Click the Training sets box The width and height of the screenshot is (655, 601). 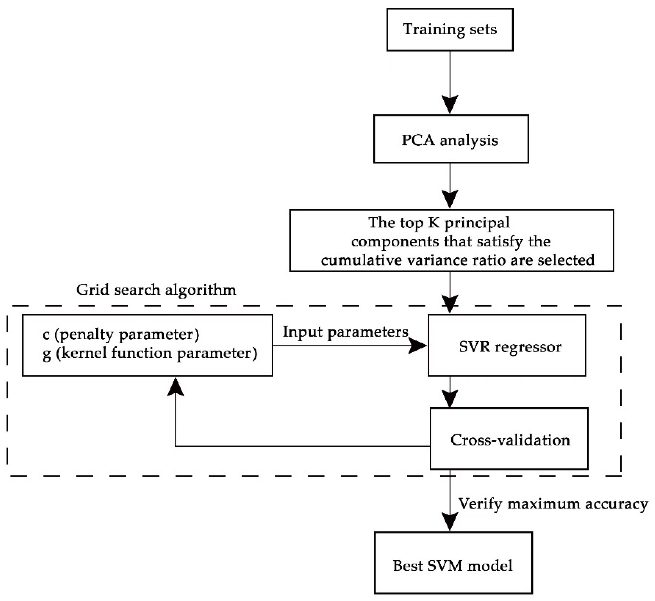(450, 29)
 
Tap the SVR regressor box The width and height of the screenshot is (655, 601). (506, 345)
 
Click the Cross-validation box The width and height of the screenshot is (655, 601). (509, 439)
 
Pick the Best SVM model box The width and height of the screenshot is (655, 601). (453, 566)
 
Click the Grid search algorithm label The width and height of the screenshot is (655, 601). (156, 290)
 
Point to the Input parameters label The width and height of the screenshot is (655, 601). (345, 332)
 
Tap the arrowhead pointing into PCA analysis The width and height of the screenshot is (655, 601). (450, 105)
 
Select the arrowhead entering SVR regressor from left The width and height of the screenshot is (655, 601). (418, 345)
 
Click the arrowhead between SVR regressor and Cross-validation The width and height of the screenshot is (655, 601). (450, 399)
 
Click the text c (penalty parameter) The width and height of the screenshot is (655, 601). (121, 335)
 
